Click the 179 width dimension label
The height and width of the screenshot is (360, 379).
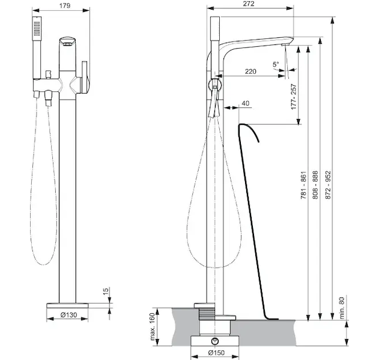point(65,6)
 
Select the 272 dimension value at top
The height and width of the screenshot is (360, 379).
point(249,4)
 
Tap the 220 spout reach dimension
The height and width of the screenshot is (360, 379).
point(250,71)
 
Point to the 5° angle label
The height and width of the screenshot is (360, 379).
point(276,64)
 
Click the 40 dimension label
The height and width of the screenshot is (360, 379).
point(245,103)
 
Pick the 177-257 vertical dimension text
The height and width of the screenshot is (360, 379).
point(294,97)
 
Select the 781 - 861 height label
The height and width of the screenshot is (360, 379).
point(303,185)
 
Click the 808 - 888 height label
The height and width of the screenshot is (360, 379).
point(315,185)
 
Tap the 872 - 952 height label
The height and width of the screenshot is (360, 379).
point(327,185)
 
